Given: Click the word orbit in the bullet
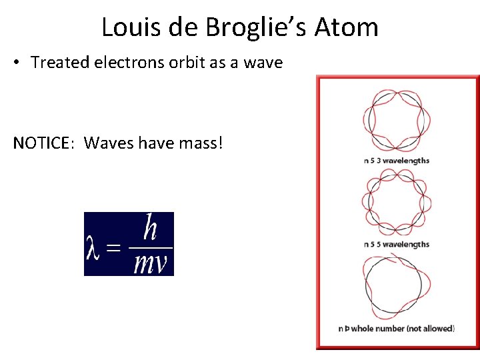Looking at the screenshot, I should pyautogui.click(x=183, y=63).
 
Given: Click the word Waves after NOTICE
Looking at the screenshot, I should pyautogui.click(x=109, y=143).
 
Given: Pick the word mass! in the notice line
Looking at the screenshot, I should pyautogui.click(x=199, y=143).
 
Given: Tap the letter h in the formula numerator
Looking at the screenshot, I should pyautogui.click(x=151, y=230).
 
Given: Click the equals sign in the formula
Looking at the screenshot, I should pyautogui.click(x=114, y=250).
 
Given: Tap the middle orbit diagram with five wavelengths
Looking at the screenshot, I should pyautogui.click(x=396, y=203).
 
